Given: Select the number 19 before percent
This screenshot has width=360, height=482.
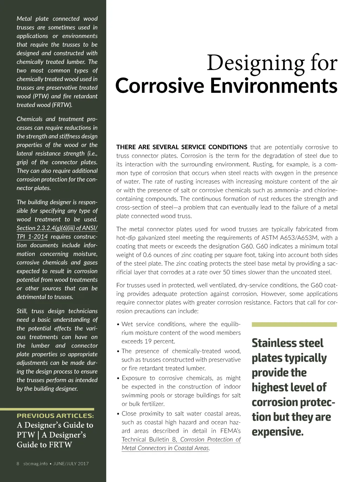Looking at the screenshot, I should (148, 341).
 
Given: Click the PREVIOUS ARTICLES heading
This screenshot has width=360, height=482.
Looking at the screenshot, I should (55, 416).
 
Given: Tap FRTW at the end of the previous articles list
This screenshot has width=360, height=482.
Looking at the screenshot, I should (62, 445).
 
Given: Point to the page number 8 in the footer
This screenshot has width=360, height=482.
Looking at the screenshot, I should (18, 464).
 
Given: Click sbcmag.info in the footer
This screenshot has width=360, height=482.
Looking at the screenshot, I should (36, 464).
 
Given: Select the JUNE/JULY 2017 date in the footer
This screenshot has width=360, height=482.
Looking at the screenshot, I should (71, 464).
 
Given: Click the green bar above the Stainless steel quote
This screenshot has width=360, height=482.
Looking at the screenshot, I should (294, 324).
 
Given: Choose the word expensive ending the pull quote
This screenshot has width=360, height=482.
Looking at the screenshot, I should (277, 432).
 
